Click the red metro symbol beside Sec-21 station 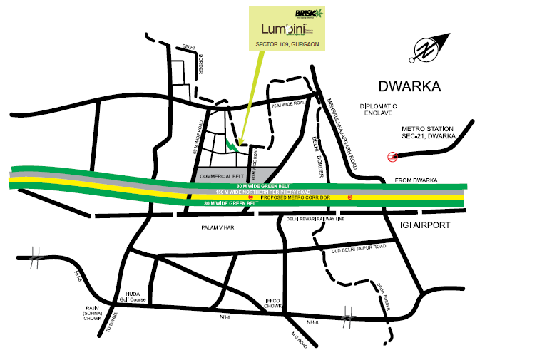(391, 157)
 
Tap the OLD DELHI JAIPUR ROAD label (358, 247)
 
